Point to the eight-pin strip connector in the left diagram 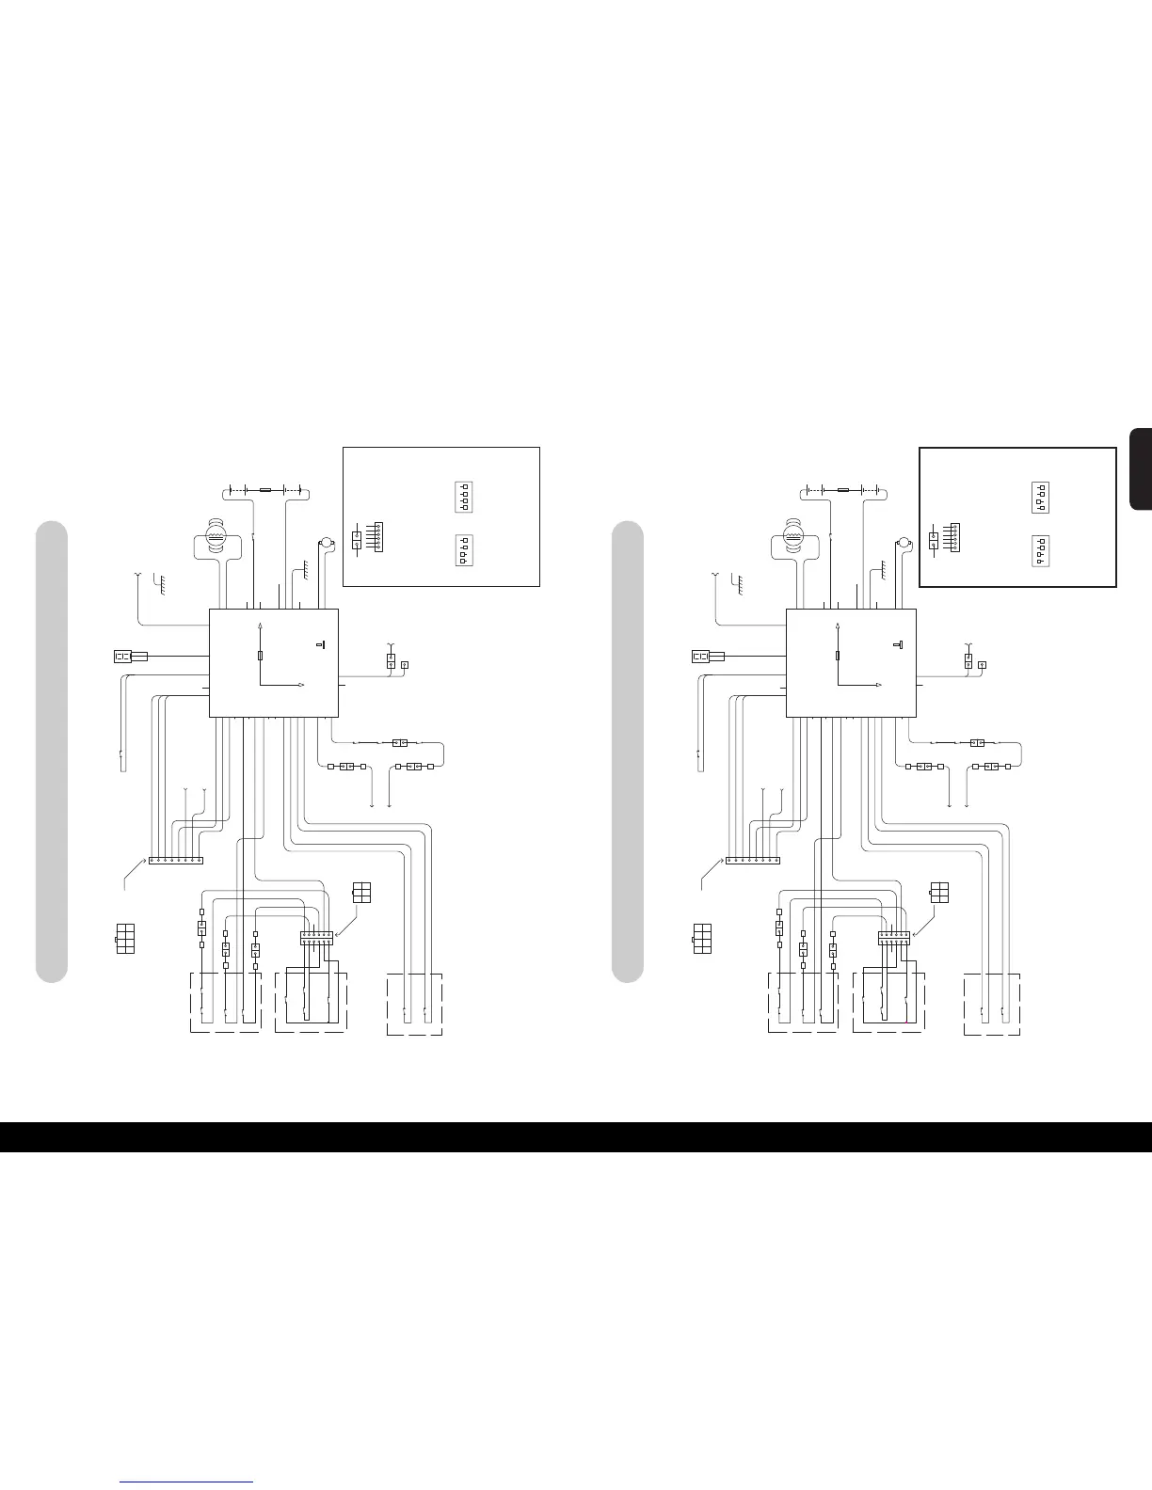tap(176, 860)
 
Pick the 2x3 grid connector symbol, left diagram tap(125, 939)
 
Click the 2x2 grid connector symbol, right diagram tap(938, 894)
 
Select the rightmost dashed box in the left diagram tap(414, 1004)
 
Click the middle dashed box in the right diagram tap(888, 1003)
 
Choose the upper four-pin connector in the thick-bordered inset tap(1041, 496)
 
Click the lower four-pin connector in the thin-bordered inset tap(463, 549)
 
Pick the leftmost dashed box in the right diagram tap(802, 1003)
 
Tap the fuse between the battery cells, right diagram tap(843, 490)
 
